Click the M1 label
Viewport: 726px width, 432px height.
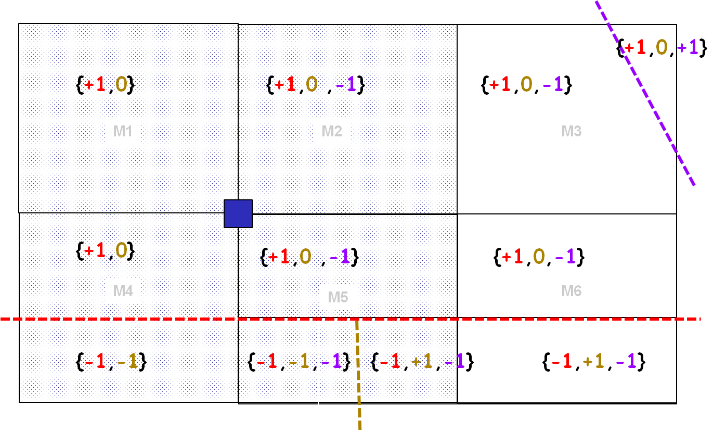pyautogui.click(x=123, y=131)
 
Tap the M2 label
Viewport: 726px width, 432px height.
pyautogui.click(x=332, y=131)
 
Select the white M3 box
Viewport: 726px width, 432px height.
pyautogui.click(x=571, y=131)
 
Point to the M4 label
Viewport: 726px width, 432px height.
pyautogui.click(x=123, y=291)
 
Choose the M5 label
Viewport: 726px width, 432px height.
pyautogui.click(x=338, y=297)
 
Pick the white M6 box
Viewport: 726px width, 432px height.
pyautogui.click(x=571, y=291)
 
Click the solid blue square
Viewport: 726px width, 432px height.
pyautogui.click(x=238, y=213)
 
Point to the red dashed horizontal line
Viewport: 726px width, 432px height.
pyautogui.click(x=156, y=319)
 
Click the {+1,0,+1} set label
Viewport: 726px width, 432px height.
pyautogui.click(x=662, y=48)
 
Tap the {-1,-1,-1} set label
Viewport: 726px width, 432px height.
pyautogui.click(x=299, y=361)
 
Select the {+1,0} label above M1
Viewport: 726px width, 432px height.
pyautogui.click(x=106, y=84)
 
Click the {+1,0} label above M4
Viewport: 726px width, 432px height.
pyautogui.click(x=106, y=251)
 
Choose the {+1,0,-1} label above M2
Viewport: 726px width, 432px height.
pyautogui.click(x=315, y=84)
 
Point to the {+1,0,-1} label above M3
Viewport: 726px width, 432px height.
pyautogui.click(x=526, y=84)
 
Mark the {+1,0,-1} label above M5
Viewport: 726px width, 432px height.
pyautogui.click(x=309, y=257)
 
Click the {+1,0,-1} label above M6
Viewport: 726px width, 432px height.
pyautogui.click(x=539, y=257)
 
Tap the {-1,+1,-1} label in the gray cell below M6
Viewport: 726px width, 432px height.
pyautogui.click(x=593, y=361)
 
